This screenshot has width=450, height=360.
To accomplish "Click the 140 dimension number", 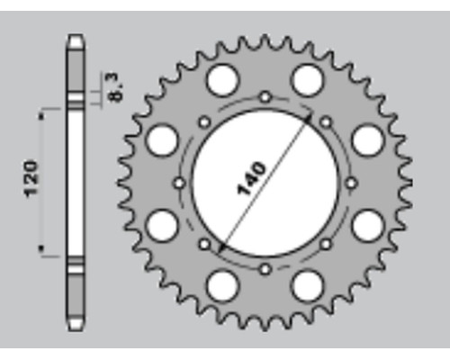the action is (251, 179).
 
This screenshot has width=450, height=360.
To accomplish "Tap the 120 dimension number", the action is (31, 179).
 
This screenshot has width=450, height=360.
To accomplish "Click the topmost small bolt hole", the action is (265, 97).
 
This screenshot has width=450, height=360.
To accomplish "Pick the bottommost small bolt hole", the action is (265, 269).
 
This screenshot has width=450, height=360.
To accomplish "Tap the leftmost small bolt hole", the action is (179, 183).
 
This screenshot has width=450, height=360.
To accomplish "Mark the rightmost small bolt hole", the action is (351, 183).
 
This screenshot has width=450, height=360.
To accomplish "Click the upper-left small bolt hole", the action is (204, 122).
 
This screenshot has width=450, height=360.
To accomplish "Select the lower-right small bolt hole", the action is (326, 244).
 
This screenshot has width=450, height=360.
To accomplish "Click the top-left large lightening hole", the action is (222, 80).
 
